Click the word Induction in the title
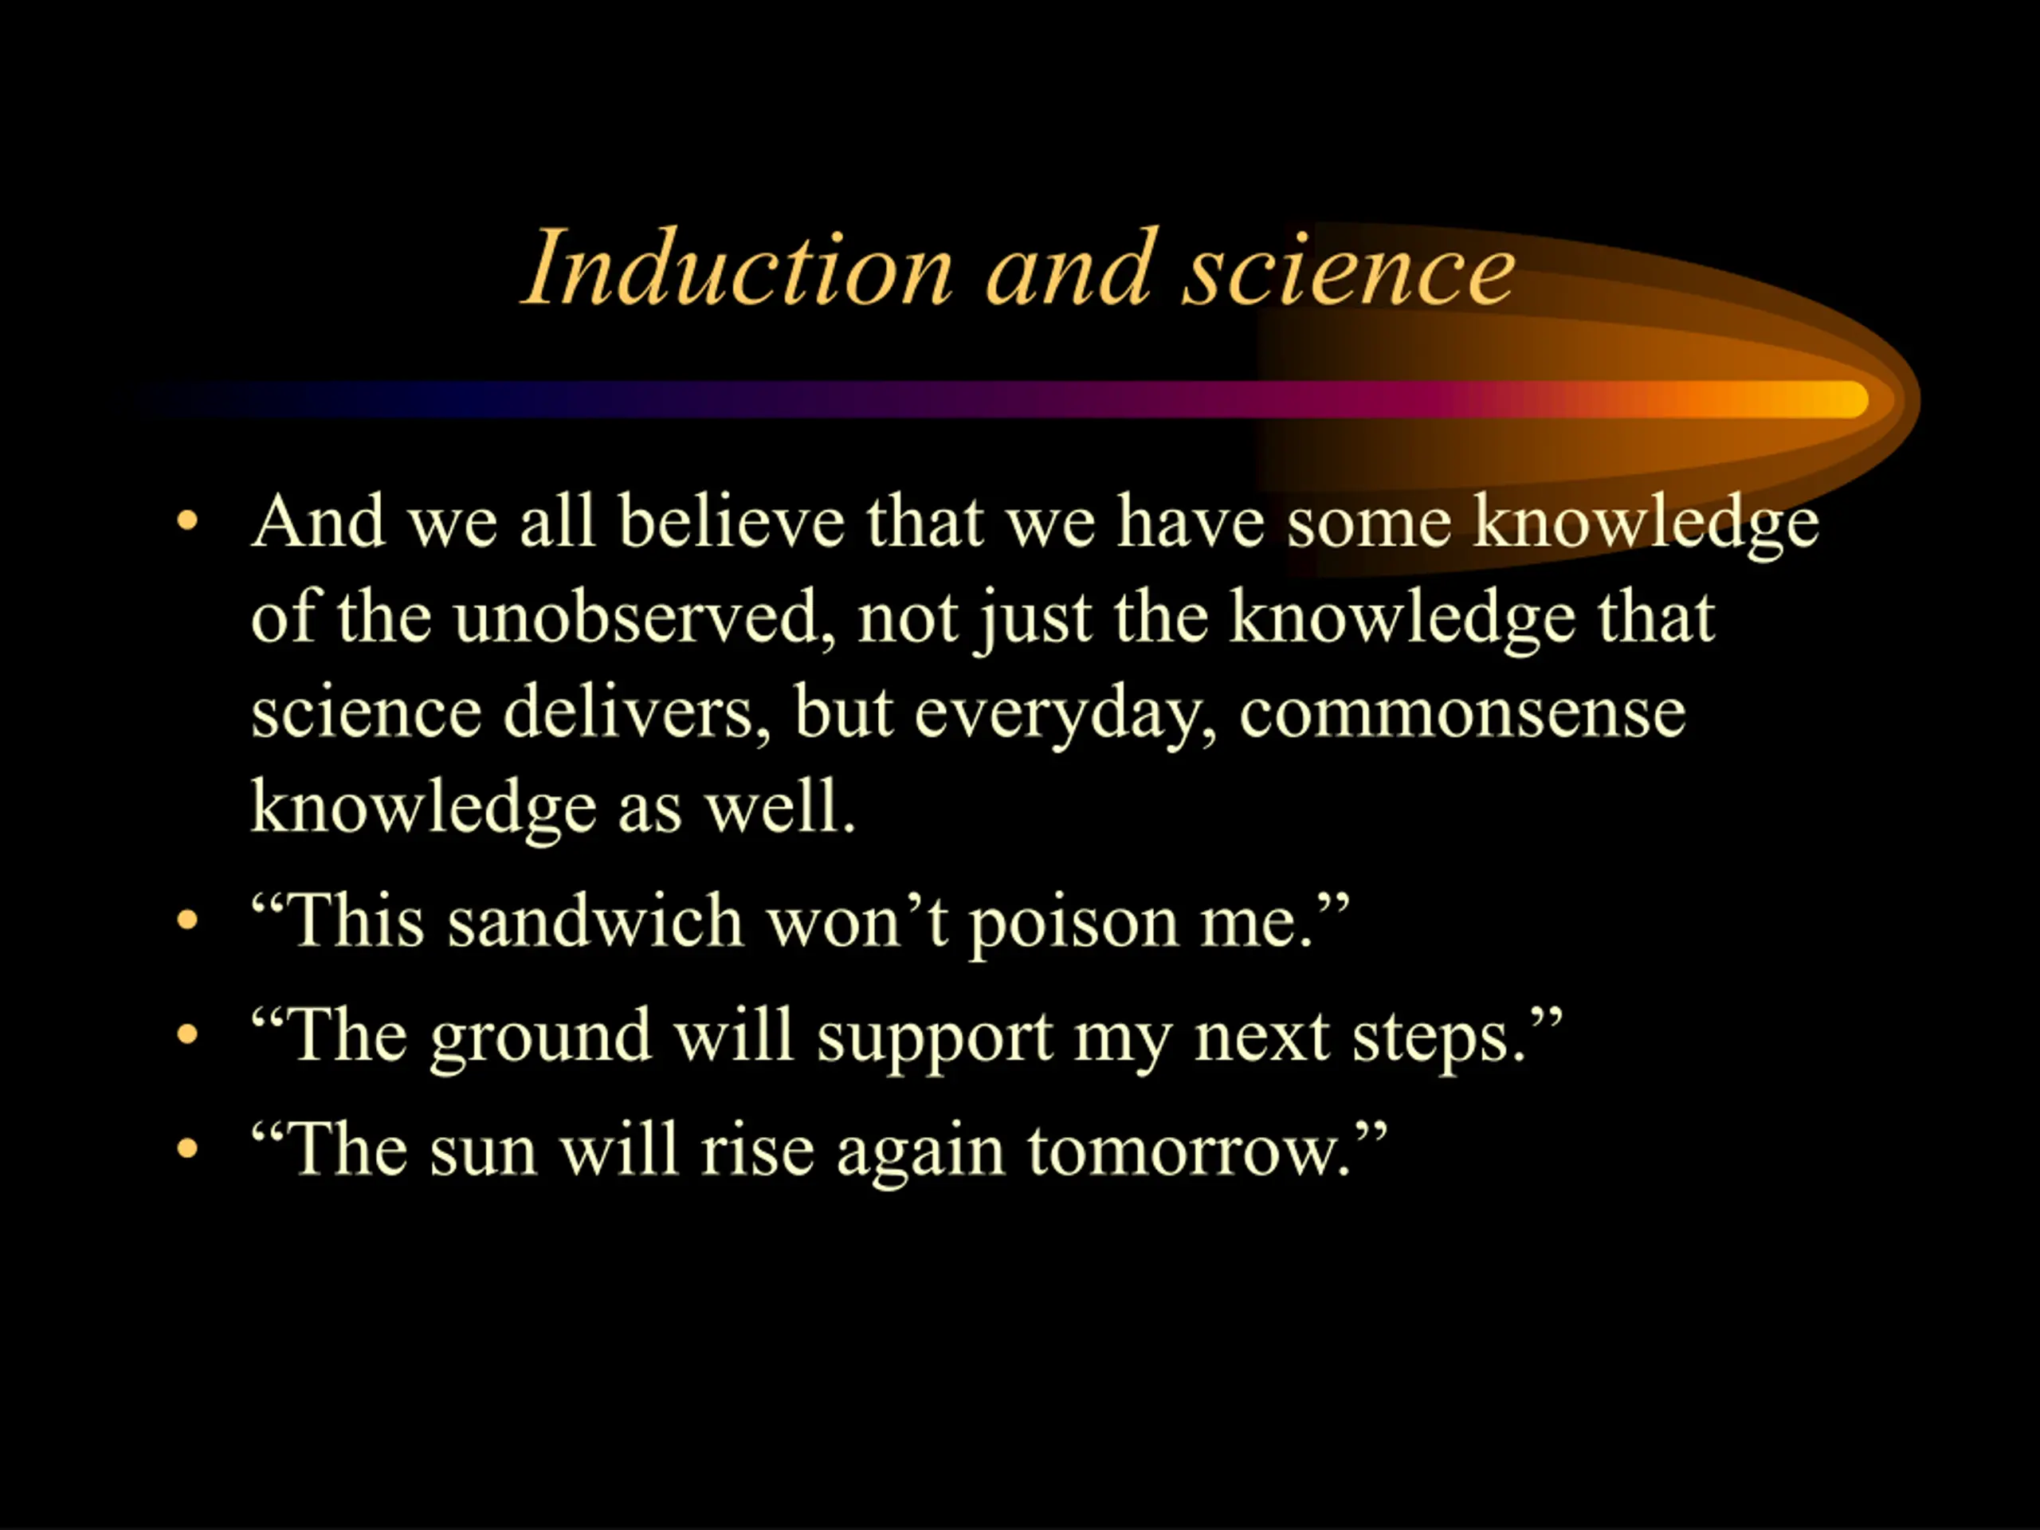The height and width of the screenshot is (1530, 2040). point(739,268)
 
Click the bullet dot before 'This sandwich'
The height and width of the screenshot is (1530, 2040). point(187,920)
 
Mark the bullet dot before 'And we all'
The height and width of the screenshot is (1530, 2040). point(187,520)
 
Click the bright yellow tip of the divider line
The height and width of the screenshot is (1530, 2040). point(1845,399)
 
